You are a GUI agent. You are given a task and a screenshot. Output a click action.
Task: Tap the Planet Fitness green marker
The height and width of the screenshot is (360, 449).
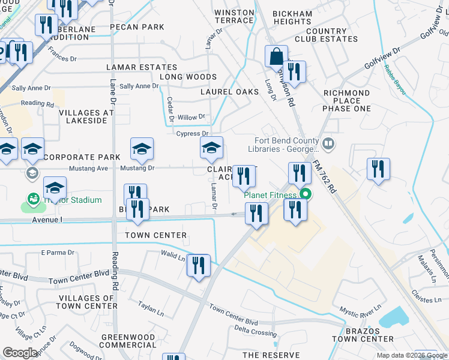click(x=305, y=194)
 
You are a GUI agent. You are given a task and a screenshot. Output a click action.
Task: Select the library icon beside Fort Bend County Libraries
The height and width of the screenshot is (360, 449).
click(x=328, y=143)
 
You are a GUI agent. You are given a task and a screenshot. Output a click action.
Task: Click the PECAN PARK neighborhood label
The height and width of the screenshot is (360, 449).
click(x=137, y=27)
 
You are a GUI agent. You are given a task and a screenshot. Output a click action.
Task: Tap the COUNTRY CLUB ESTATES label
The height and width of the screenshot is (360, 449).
click(x=331, y=35)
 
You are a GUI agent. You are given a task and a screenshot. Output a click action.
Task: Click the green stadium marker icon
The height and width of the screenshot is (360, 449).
click(x=33, y=199)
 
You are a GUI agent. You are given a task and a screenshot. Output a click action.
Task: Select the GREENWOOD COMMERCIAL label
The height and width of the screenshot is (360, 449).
click(x=128, y=341)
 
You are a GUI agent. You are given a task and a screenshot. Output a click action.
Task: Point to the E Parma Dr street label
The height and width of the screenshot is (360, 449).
click(x=58, y=253)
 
